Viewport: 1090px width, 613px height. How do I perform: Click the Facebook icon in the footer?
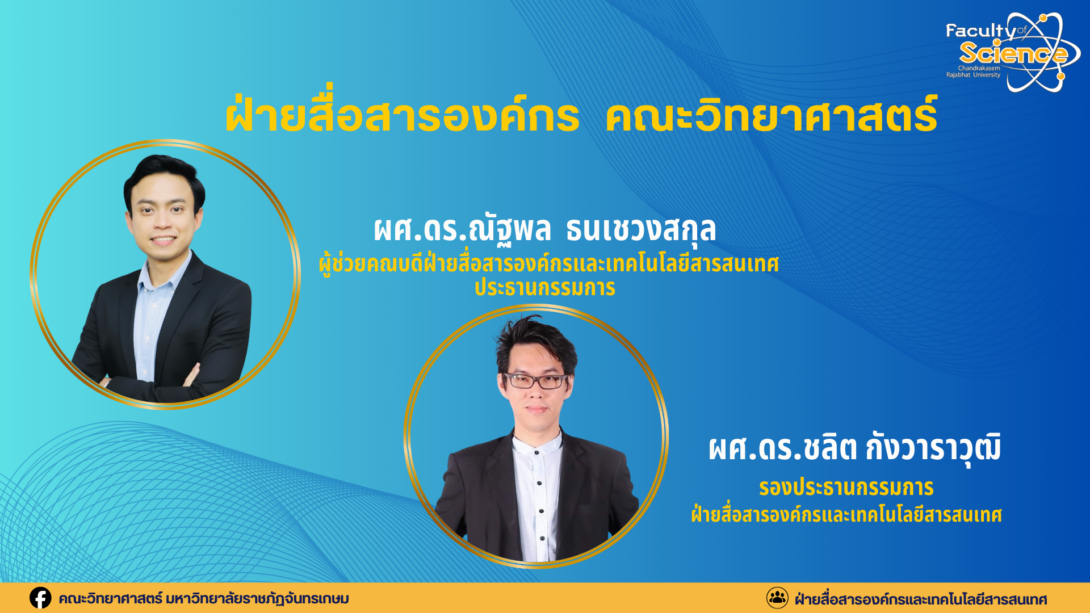click(x=40, y=598)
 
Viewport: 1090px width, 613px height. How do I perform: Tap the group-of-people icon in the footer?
click(x=777, y=598)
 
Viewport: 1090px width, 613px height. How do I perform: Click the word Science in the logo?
click(x=1013, y=53)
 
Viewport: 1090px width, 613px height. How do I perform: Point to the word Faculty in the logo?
click(x=980, y=31)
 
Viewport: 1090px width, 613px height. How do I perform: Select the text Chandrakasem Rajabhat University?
click(x=973, y=72)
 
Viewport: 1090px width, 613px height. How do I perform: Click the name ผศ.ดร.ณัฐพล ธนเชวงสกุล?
click(x=545, y=229)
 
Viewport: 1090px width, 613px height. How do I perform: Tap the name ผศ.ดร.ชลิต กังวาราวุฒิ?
click(x=854, y=448)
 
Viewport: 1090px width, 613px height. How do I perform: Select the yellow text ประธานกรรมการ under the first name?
click(x=545, y=287)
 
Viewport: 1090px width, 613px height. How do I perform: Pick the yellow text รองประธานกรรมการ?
click(x=846, y=488)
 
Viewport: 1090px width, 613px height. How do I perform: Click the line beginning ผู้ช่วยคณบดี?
click(x=548, y=264)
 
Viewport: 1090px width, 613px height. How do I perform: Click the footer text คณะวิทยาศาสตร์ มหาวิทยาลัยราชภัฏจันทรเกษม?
click(x=204, y=599)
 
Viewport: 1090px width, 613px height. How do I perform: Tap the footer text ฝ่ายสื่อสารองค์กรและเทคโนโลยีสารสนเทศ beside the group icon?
click(x=921, y=599)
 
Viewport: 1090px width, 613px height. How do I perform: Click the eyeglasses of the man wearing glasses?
click(x=535, y=381)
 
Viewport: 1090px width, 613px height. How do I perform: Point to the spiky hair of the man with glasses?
click(x=535, y=341)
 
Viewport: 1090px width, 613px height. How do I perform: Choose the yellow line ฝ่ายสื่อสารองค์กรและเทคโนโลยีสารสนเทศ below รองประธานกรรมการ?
click(x=846, y=515)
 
